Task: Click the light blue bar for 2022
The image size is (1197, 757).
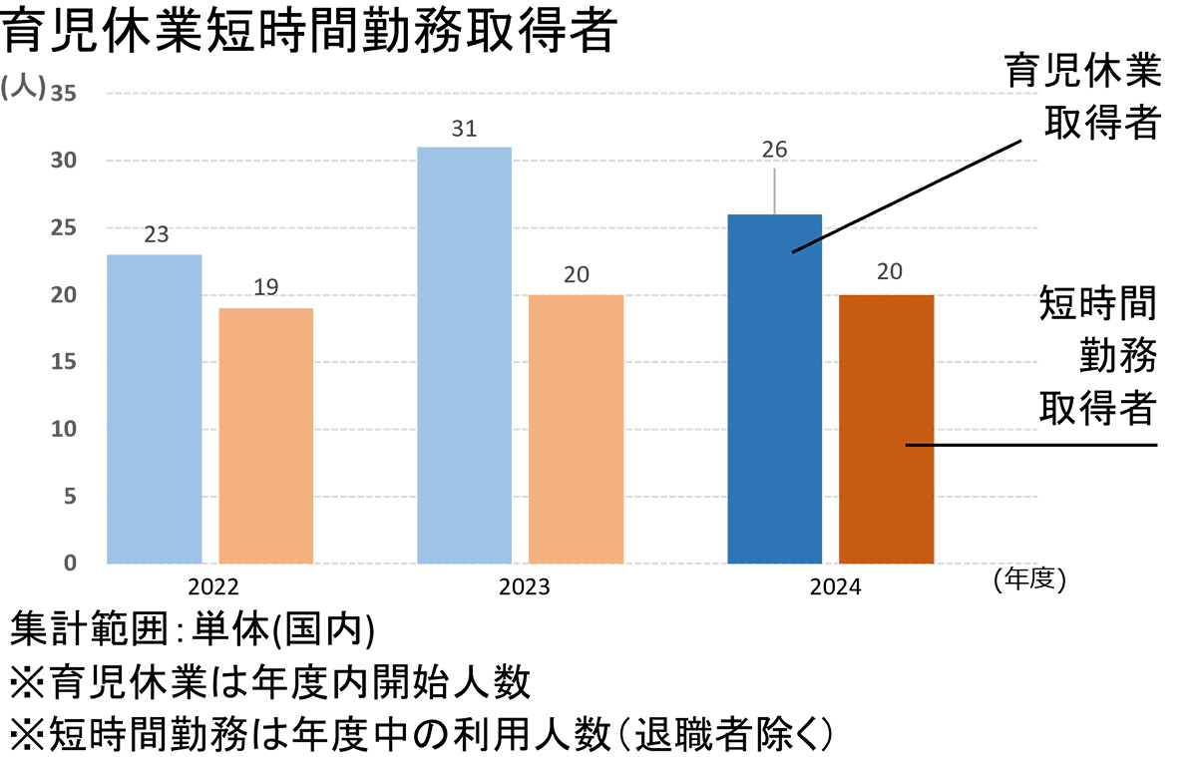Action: click(155, 409)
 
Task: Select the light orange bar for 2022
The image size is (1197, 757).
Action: click(266, 436)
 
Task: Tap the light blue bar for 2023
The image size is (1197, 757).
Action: click(464, 355)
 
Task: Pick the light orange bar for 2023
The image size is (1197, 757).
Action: click(576, 429)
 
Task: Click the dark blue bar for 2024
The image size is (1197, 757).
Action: click(775, 389)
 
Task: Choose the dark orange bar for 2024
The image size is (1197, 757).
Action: click(887, 429)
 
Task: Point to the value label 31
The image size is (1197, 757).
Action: click(464, 129)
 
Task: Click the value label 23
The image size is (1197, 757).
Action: click(156, 236)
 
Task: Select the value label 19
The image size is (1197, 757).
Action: click(266, 289)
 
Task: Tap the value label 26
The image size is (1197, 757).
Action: click(774, 151)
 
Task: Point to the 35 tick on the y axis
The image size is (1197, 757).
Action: click(64, 94)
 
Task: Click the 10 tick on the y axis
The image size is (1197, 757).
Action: click(64, 430)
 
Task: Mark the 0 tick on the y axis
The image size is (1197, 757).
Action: click(70, 565)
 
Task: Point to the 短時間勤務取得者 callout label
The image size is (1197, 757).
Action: click(1097, 355)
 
